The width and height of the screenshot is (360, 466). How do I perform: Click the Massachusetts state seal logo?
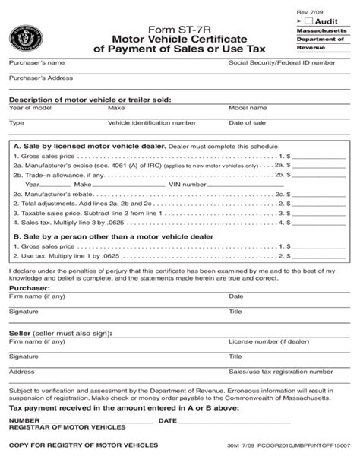click(x=26, y=37)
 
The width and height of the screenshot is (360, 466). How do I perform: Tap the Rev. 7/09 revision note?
click(x=308, y=7)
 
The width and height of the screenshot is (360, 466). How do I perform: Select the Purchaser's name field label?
click(x=36, y=62)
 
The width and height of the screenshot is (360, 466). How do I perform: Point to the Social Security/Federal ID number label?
click(x=281, y=62)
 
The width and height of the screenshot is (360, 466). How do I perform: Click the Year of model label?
click(x=30, y=108)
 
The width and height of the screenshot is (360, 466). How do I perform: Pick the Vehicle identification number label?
click(x=152, y=122)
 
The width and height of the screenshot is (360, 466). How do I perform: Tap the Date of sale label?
click(x=247, y=122)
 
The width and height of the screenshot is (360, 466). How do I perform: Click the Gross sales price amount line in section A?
click(x=319, y=155)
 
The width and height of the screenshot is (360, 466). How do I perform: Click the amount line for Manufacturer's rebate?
click(x=319, y=195)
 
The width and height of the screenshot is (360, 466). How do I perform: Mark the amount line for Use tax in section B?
click(x=319, y=257)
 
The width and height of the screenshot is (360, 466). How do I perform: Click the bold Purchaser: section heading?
click(x=29, y=289)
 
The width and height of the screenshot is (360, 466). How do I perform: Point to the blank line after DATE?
click(x=235, y=421)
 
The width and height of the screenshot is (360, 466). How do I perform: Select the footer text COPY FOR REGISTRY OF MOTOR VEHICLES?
click(x=84, y=445)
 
